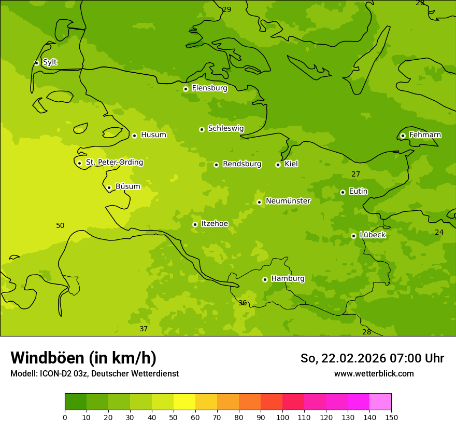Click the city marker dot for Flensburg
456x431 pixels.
tap(186, 89)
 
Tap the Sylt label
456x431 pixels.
tap(50, 62)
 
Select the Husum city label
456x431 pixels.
tap(153, 135)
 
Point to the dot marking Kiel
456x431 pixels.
tap(278, 165)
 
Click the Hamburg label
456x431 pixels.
tap(288, 279)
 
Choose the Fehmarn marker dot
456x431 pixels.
tap(403, 136)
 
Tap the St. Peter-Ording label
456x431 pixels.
tap(114, 163)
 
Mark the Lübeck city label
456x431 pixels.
tap(372, 235)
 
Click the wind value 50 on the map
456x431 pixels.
tap(60, 226)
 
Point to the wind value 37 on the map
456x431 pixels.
tap(144, 329)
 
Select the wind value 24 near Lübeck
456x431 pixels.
tap(439, 233)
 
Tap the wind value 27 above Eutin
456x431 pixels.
tap(355, 174)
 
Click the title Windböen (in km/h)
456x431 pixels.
tap(83, 358)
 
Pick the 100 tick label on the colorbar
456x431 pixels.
tap(282, 417)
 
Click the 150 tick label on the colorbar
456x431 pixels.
tap(391, 417)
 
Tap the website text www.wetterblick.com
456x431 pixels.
tap(374, 374)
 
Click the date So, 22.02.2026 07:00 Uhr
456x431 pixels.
tap(372, 358)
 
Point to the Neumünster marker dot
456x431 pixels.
tap(259, 202)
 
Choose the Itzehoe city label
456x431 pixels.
tap(214, 224)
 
